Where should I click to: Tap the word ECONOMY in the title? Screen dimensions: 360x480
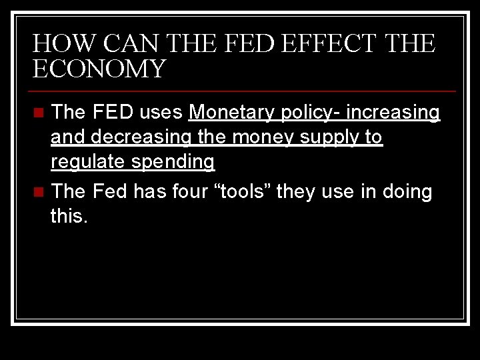coord(99,69)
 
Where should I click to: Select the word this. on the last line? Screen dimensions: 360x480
coord(69,217)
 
